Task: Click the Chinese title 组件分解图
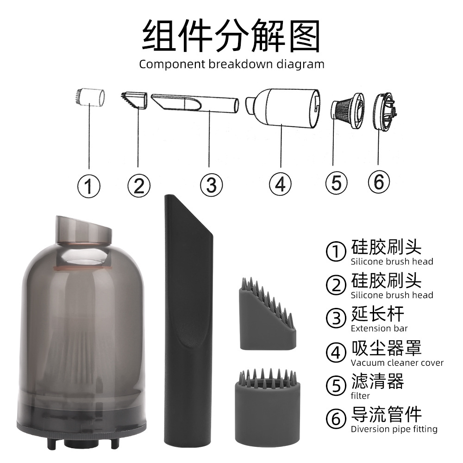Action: click(231, 36)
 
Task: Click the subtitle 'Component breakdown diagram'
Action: click(231, 64)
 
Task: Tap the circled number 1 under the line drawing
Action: click(89, 186)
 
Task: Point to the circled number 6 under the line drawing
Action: click(379, 182)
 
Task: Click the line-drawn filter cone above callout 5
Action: click(348, 111)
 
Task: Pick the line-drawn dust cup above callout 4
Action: click(283, 108)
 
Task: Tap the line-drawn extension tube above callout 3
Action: click(195, 103)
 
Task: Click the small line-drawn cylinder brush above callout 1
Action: click(90, 96)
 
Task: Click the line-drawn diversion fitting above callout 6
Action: click(385, 112)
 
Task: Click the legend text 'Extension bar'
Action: click(379, 328)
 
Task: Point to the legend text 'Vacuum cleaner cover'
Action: click(397, 363)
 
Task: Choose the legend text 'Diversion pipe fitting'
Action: click(394, 429)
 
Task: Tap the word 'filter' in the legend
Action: click(360, 396)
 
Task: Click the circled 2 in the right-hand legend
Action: click(336, 285)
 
